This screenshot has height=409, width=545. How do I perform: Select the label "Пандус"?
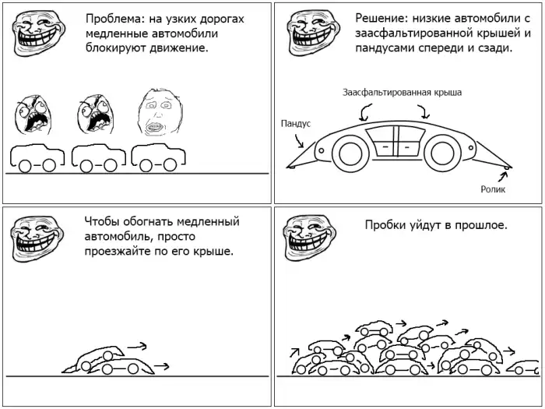295,123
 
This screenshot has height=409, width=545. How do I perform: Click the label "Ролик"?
493,189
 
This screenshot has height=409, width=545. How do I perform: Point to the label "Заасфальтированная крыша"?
403,93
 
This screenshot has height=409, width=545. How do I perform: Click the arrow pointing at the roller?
503,177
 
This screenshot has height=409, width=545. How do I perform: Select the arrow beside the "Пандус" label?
299,141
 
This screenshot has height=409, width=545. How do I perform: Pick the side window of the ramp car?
396,141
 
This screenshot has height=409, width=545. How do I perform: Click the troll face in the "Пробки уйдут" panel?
309,237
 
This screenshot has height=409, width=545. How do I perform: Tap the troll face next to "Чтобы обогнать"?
37,238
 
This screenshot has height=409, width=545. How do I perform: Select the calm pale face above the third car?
160,112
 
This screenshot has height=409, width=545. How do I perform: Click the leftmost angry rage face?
33,115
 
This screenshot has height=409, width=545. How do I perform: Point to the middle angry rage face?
96,114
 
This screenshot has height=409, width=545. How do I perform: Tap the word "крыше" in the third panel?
216,252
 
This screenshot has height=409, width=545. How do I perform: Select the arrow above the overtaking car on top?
137,346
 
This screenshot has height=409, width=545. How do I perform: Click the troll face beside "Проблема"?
39,33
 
